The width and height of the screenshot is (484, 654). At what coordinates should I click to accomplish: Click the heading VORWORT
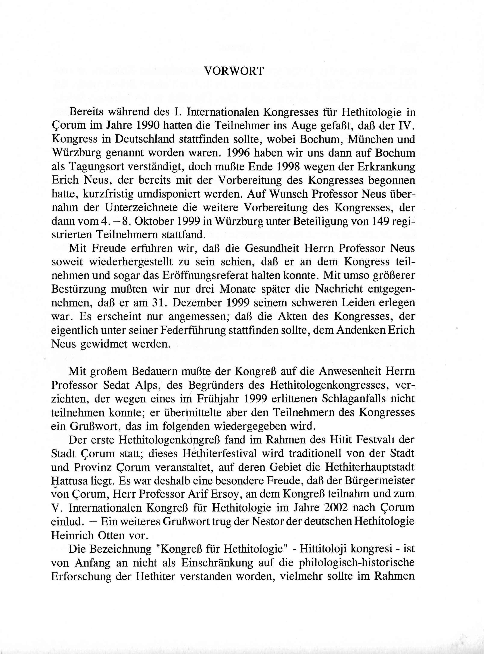pos(234,71)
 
